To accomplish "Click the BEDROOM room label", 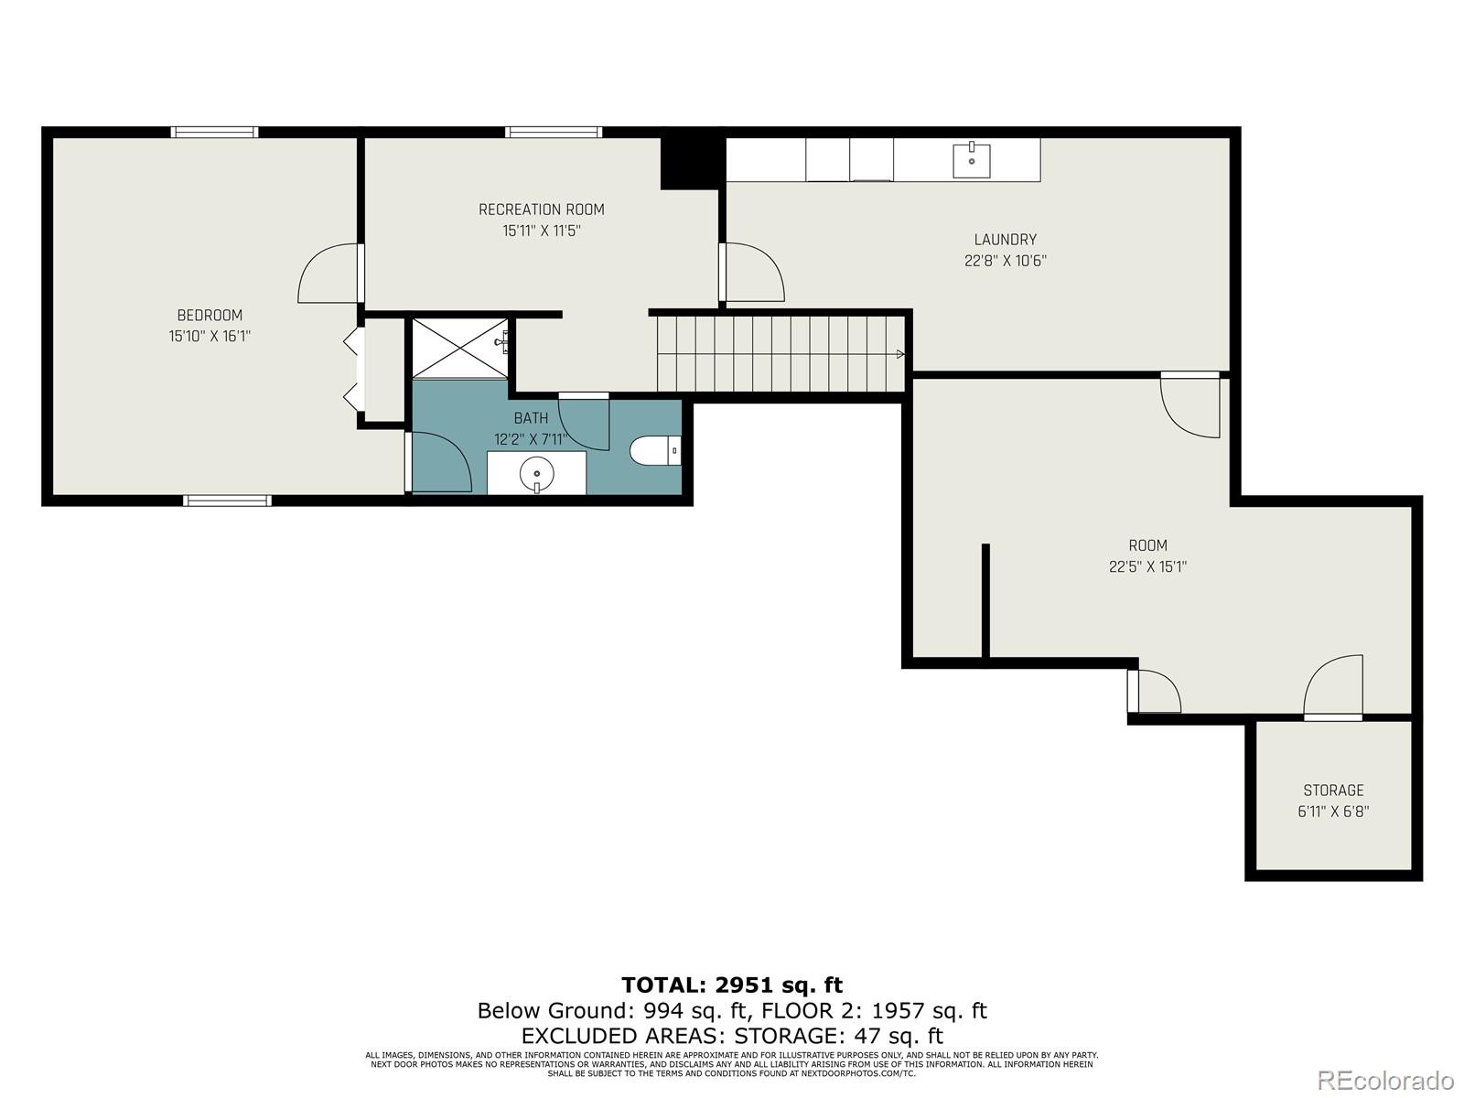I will [x=210, y=316].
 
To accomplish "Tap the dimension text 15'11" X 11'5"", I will [x=542, y=231].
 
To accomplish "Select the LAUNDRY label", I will [x=1005, y=240].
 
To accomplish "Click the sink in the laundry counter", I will [x=971, y=161].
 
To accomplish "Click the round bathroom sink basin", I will [x=537, y=475].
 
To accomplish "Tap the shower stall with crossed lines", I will [x=459, y=347].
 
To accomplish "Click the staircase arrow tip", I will [x=901, y=354].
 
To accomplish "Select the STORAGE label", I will [x=1333, y=791].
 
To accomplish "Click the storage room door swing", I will [x=1335, y=686].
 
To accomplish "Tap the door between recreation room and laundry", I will [x=752, y=273].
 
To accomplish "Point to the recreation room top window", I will [x=554, y=132].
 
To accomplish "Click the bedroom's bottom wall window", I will [x=227, y=501].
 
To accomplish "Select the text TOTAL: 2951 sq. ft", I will [x=732, y=985].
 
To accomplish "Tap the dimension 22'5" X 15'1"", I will [x=1147, y=566].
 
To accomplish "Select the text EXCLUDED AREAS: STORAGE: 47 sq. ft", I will [x=732, y=1036].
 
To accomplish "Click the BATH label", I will [x=531, y=418].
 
